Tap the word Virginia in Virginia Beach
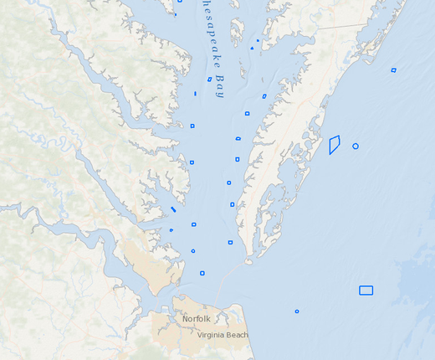[x=212, y=335]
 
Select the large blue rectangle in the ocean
[x=366, y=291]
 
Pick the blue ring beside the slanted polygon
[x=356, y=146]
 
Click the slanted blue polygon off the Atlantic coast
[x=334, y=144]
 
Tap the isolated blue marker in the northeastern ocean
[x=393, y=70]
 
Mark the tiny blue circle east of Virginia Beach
[x=297, y=311]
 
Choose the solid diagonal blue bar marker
[x=173, y=209]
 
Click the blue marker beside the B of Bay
[x=209, y=80]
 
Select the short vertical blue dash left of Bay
[x=195, y=94]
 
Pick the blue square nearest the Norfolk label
[x=202, y=273]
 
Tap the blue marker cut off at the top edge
[x=177, y=13]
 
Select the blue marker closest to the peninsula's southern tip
[x=230, y=243]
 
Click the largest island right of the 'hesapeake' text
[x=237, y=31]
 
